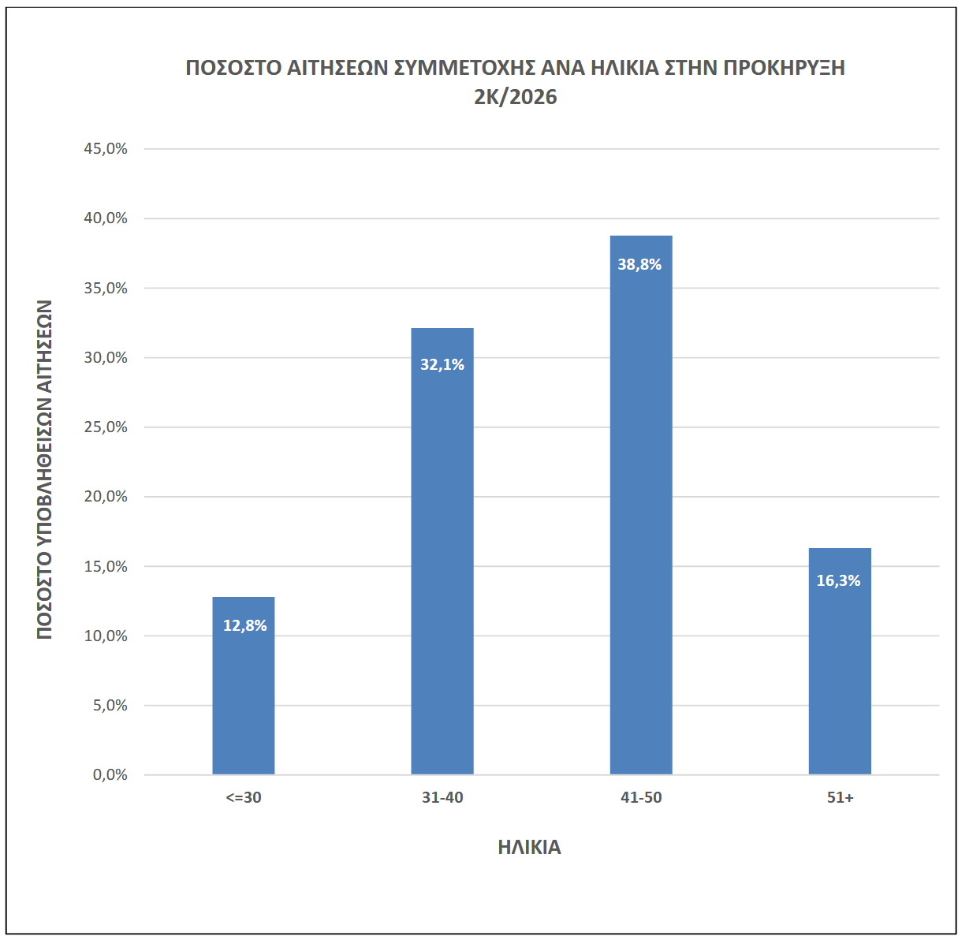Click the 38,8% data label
[639, 265]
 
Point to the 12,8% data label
[244, 626]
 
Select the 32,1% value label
[442, 365]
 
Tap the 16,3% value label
[838, 581]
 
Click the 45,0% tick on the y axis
[106, 149]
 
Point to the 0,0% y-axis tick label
[110, 775]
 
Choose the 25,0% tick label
[106, 427]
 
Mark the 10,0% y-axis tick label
[106, 636]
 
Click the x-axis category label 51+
[840, 798]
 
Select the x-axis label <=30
[244, 798]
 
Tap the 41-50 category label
[641, 798]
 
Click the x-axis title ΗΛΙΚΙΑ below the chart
[529, 848]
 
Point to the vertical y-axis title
[44, 469]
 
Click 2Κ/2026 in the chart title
[516, 97]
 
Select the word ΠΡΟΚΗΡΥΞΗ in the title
[784, 68]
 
